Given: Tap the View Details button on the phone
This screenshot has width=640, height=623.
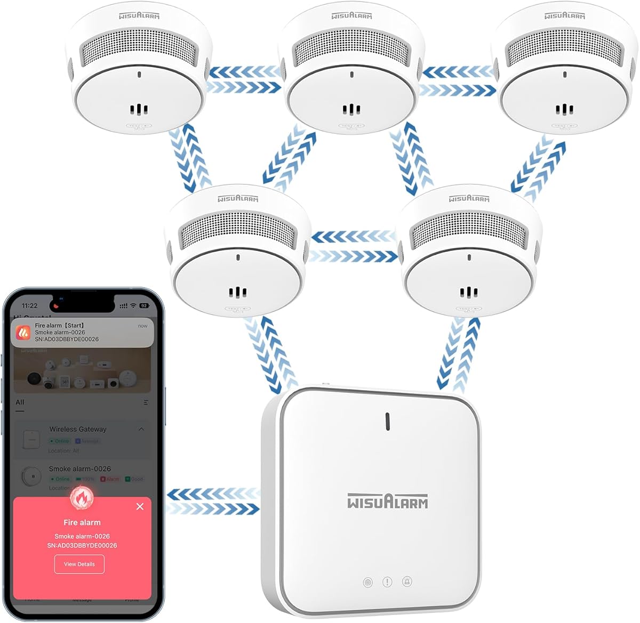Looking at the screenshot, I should (79, 564).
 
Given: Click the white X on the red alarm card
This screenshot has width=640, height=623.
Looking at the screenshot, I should (140, 506).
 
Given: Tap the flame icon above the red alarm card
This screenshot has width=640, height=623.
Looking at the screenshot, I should (82, 498).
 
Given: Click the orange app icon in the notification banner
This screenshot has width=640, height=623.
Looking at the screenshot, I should (23, 333).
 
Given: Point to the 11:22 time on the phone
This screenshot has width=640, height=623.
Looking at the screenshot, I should (30, 306).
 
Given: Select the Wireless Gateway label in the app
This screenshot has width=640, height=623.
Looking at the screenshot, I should (78, 429).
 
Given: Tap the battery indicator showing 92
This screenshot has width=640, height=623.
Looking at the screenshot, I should (143, 306).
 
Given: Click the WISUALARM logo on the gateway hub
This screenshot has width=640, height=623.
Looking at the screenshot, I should (388, 501).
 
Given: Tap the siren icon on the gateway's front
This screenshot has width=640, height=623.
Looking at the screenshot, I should (407, 582).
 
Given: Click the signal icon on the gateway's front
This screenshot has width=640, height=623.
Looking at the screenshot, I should (367, 582).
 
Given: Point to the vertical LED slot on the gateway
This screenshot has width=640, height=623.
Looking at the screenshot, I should (388, 421).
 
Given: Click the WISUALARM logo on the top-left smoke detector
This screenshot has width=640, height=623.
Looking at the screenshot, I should (139, 15).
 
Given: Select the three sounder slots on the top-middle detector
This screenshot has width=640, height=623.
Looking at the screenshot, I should (351, 110).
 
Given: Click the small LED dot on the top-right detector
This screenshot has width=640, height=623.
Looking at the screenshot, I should (565, 75).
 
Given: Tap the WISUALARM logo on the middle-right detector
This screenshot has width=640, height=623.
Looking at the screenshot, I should (469, 198).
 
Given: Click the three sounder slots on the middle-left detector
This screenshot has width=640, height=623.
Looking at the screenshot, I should (238, 293).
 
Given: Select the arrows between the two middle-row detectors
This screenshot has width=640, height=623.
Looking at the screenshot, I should (354, 246).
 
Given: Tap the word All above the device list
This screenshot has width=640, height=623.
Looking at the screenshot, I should (20, 402).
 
